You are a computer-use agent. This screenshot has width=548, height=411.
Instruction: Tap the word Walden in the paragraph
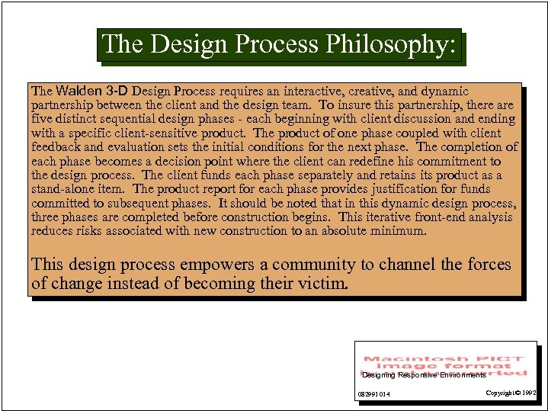77,92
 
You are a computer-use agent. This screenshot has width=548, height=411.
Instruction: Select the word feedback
56,147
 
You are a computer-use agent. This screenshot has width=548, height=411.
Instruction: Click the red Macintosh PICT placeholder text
444,365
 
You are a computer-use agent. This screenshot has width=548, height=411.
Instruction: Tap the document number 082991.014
373,394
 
